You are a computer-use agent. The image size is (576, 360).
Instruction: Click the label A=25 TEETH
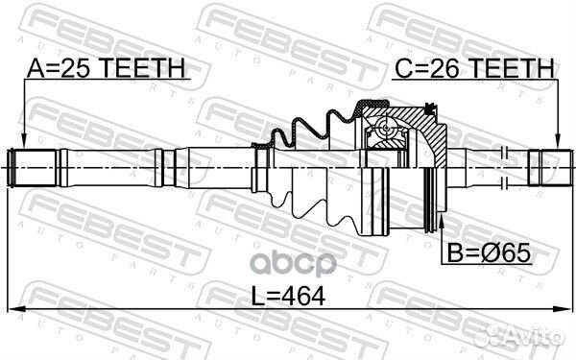(x=106, y=68)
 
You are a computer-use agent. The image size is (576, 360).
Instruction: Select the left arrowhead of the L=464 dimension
(x=16, y=309)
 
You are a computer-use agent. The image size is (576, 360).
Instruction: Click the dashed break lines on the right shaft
(x=505, y=164)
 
